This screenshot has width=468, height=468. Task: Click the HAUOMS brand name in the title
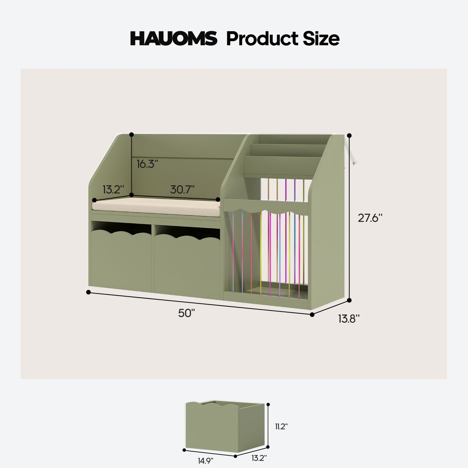point(174,39)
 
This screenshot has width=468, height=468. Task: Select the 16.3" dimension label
point(147,164)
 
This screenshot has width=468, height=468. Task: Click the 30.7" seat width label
point(182,189)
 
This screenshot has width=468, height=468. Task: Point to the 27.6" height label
point(370,218)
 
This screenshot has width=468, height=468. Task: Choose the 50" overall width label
point(187,313)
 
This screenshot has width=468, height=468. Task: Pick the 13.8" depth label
point(349,319)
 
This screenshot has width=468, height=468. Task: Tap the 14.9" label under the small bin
point(205,461)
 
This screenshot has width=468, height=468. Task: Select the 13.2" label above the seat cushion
point(113,189)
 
